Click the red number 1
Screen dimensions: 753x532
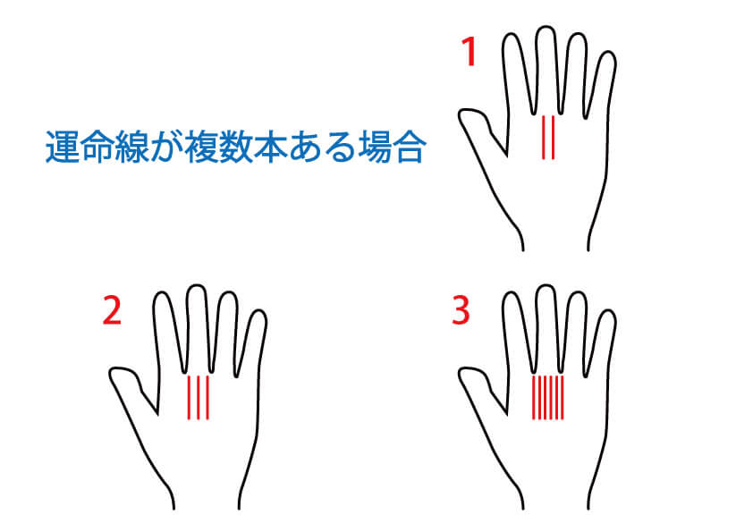469,52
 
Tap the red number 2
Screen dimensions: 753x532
112,310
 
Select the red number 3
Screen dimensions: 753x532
461,310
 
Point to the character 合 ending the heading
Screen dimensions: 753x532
410,147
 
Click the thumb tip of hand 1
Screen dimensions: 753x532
464,113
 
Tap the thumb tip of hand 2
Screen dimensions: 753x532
114,371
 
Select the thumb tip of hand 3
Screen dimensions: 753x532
464,371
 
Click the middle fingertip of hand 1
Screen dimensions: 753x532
546,28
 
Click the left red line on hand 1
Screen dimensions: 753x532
544,137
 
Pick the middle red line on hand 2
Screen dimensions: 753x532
199,398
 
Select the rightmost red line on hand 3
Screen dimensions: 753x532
563,398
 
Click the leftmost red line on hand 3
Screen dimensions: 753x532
534,398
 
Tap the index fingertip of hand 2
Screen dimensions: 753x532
163,293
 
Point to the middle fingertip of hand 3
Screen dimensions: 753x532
546,286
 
